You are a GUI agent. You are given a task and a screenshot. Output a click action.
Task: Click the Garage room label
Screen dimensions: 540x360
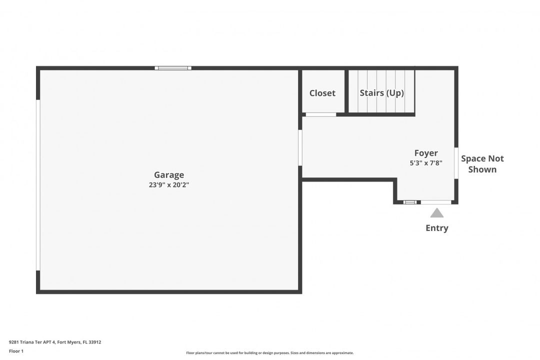tap(169, 175)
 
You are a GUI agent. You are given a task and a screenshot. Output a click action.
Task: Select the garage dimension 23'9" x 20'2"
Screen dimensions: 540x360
tap(169, 184)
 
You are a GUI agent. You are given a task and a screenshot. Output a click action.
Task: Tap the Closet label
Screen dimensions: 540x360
tap(322, 93)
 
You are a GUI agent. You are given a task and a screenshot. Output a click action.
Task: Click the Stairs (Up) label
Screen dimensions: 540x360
tap(381, 93)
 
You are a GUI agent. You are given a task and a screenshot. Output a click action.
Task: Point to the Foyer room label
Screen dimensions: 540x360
tap(426, 153)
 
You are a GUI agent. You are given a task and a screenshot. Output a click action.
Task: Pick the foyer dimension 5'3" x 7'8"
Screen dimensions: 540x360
tap(426, 163)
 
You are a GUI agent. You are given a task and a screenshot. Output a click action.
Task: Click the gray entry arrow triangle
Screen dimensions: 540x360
tap(436, 213)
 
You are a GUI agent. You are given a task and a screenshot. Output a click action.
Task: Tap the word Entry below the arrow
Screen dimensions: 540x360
tap(436, 228)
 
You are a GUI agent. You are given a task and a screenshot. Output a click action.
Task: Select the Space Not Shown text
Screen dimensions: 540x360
tap(482, 164)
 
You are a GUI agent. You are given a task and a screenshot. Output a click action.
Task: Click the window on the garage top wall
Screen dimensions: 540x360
tap(173, 68)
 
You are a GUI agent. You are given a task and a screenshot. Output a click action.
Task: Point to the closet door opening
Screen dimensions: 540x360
tap(321, 114)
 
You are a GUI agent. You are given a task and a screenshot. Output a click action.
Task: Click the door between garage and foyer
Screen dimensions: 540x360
tap(300, 148)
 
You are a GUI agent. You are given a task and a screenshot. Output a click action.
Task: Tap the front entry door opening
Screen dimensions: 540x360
tap(436, 202)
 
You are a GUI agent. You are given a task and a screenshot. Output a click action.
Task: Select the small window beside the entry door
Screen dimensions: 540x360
tap(410, 202)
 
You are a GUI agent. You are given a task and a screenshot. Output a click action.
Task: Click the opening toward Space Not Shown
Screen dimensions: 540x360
tap(456, 163)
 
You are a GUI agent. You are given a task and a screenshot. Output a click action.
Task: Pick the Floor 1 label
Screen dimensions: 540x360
tap(16, 351)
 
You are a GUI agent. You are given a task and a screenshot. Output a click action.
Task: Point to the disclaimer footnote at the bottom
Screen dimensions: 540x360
tap(269, 353)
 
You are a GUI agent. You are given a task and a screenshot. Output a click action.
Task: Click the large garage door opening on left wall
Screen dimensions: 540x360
tap(38, 185)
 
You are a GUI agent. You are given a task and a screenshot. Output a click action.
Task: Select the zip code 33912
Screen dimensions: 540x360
tap(94, 342)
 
